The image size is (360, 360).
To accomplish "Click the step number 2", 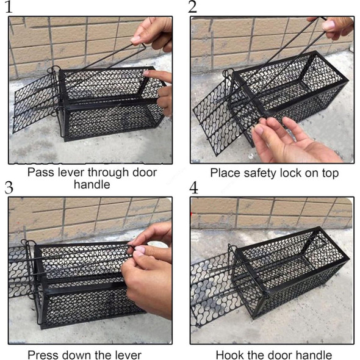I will click(x=193, y=7).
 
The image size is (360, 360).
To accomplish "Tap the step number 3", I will click(x=9, y=187).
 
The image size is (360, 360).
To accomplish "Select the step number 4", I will click(x=193, y=187).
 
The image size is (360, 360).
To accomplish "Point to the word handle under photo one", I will click(x=92, y=184).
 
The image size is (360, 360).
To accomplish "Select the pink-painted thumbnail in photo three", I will click(x=139, y=251).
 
